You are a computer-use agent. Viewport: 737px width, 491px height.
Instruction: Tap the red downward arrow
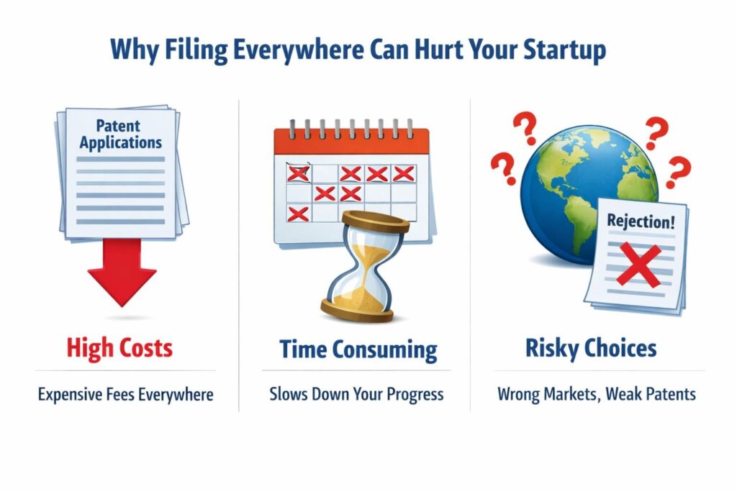pos(122,272)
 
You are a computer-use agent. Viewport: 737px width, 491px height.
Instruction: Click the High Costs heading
pos(119,349)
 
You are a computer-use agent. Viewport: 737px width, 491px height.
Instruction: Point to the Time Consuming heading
pos(358,349)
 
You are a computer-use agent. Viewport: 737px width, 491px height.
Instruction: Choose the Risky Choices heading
pos(591,349)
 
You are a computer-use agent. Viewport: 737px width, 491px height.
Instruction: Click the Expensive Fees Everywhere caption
pos(125,394)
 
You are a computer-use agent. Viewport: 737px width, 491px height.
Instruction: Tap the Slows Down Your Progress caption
pos(356,394)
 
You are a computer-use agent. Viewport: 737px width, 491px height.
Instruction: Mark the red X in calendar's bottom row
pos(298,214)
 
